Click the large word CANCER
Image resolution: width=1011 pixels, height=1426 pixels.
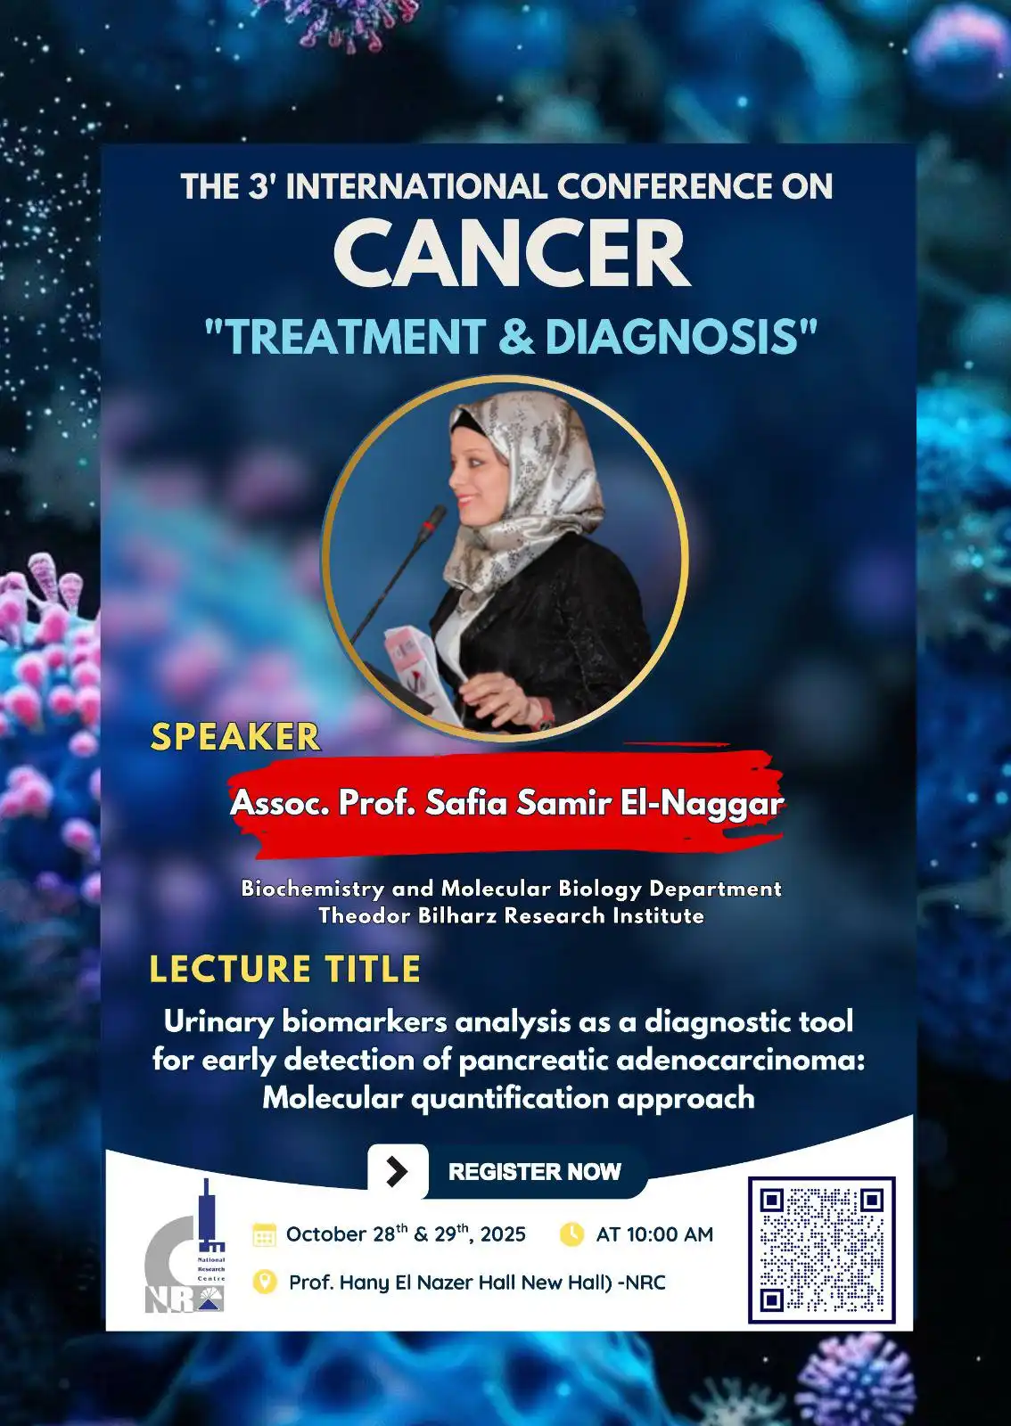512,253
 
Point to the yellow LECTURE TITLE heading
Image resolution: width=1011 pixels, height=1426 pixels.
284,969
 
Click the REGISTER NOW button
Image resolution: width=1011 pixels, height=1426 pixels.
535,1172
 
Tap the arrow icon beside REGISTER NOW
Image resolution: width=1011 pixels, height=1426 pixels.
398,1171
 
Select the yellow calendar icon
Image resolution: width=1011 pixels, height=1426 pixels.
264,1234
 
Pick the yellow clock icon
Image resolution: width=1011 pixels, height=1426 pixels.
571,1233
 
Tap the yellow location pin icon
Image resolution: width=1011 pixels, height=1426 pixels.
265,1282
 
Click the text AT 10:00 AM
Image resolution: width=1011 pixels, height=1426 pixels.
654,1234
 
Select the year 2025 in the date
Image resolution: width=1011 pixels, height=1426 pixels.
503,1234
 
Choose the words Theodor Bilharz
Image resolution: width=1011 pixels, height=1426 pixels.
408,915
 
